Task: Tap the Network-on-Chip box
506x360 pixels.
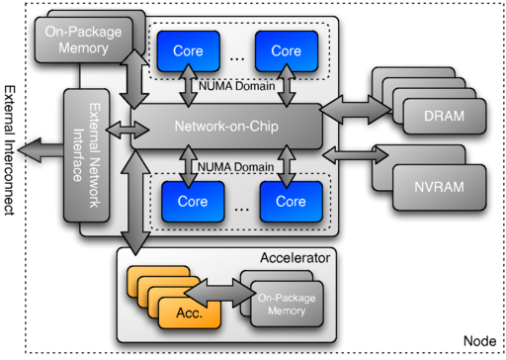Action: (226, 128)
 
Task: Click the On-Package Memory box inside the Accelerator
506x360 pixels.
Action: (285, 304)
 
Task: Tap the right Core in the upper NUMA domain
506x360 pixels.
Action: (286, 50)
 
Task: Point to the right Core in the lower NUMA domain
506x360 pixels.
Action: (291, 201)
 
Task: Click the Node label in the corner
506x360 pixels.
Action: (479, 340)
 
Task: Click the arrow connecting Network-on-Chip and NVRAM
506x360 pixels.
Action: (355, 152)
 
